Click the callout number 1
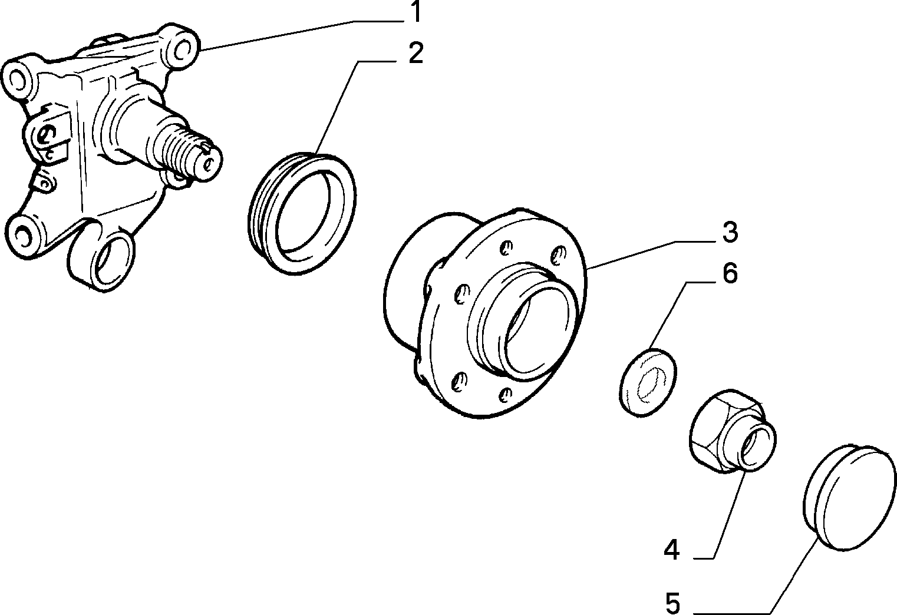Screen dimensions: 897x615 [417, 11]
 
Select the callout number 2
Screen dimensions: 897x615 [416, 53]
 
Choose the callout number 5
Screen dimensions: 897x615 [673, 603]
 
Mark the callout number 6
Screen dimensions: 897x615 [730, 273]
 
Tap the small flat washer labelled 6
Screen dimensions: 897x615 [648, 383]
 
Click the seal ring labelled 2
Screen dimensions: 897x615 [302, 213]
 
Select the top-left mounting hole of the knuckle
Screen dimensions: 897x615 [18, 79]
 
